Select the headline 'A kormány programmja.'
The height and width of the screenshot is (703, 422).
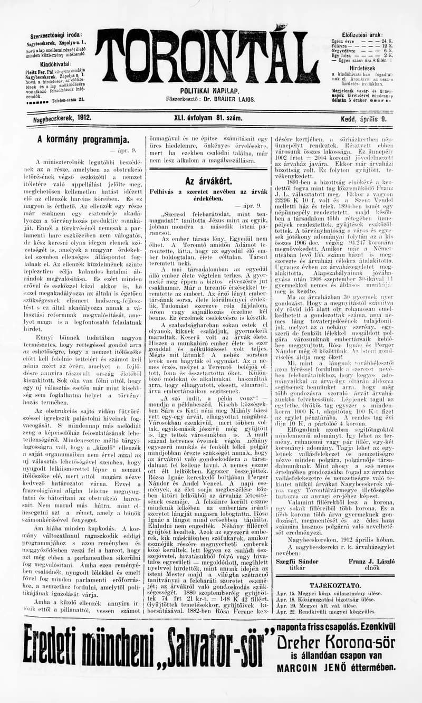coord(83,140)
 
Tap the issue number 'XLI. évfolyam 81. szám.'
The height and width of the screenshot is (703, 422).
coord(208,118)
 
